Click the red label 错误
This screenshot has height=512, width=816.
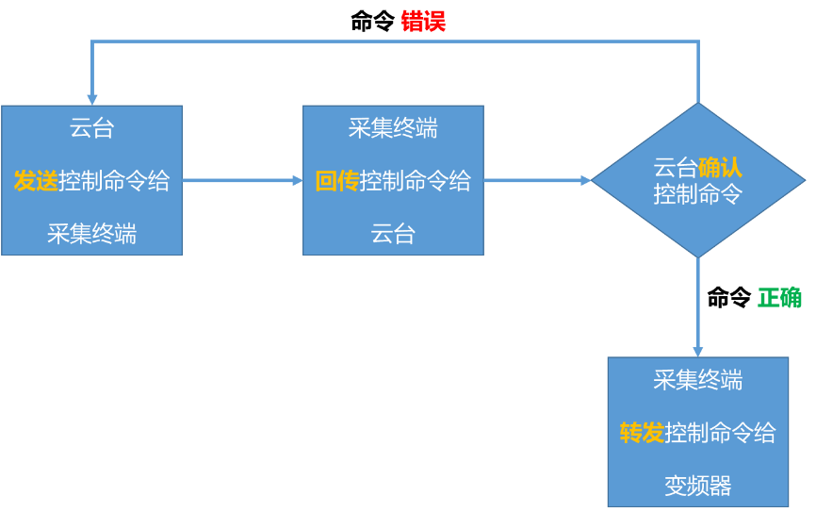click(423, 21)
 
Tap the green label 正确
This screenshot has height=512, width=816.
click(779, 298)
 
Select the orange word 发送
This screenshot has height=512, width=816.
click(36, 181)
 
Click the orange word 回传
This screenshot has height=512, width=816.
click(337, 181)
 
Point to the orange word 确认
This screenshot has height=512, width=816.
click(720, 168)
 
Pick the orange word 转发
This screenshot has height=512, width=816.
click(642, 434)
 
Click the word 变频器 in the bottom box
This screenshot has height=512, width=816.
click(698, 487)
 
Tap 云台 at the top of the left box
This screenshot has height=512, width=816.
click(91, 128)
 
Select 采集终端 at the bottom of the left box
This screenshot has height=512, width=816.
click(91, 234)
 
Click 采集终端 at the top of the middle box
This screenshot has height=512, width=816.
click(393, 128)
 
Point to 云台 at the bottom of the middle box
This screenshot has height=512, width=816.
click(393, 234)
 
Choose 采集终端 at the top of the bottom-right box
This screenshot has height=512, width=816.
click(698, 380)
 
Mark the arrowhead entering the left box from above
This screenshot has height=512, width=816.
click(92, 98)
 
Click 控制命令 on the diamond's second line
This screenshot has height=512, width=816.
click(698, 194)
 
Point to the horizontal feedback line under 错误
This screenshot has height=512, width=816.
click(396, 41)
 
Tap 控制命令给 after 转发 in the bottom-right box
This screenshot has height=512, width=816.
click(720, 434)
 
